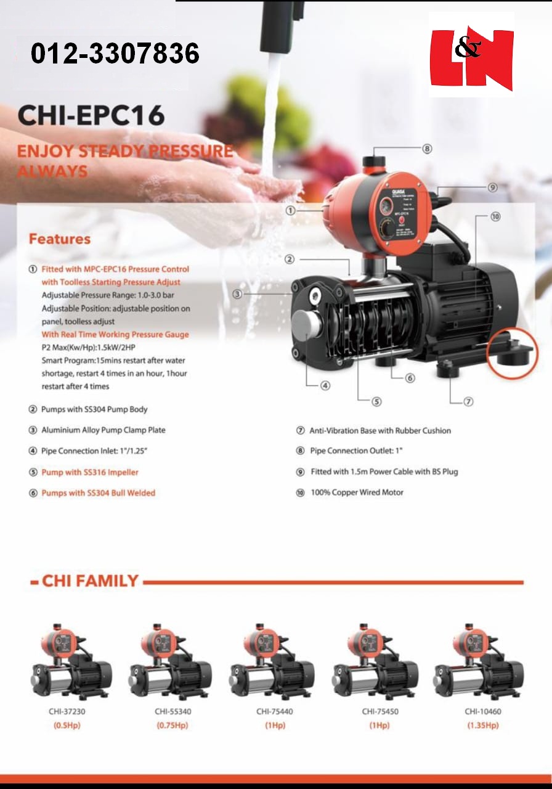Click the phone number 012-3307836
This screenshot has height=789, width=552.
[115, 54]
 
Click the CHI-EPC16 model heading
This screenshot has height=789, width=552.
[91, 115]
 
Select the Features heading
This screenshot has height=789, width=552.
[60, 239]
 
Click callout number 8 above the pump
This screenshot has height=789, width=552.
[427, 149]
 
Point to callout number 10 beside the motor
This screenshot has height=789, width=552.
[495, 217]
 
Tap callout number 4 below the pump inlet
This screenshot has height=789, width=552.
[325, 386]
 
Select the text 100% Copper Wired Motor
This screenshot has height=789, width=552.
[357, 493]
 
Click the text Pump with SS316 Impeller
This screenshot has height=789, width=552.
[90, 472]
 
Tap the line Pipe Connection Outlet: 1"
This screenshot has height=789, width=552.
[356, 451]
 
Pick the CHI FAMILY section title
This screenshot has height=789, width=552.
[90, 581]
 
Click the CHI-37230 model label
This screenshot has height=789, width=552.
[67, 711]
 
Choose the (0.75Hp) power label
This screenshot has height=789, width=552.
[172, 725]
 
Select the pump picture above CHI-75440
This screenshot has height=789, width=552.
[272, 663]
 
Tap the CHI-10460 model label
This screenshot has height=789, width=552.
[483, 711]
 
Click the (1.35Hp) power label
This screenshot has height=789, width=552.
[483, 725]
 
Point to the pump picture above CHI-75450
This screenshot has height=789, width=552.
[375, 663]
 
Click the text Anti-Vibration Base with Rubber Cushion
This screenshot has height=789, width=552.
[380, 431]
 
